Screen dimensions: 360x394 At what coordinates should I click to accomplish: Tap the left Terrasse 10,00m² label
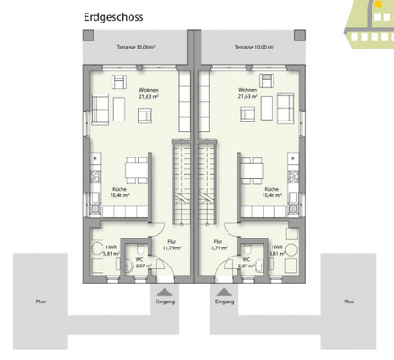click(135, 48)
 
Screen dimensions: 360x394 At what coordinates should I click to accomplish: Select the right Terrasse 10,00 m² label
click(253, 48)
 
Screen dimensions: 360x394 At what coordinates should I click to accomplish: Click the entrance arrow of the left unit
click(163, 292)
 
